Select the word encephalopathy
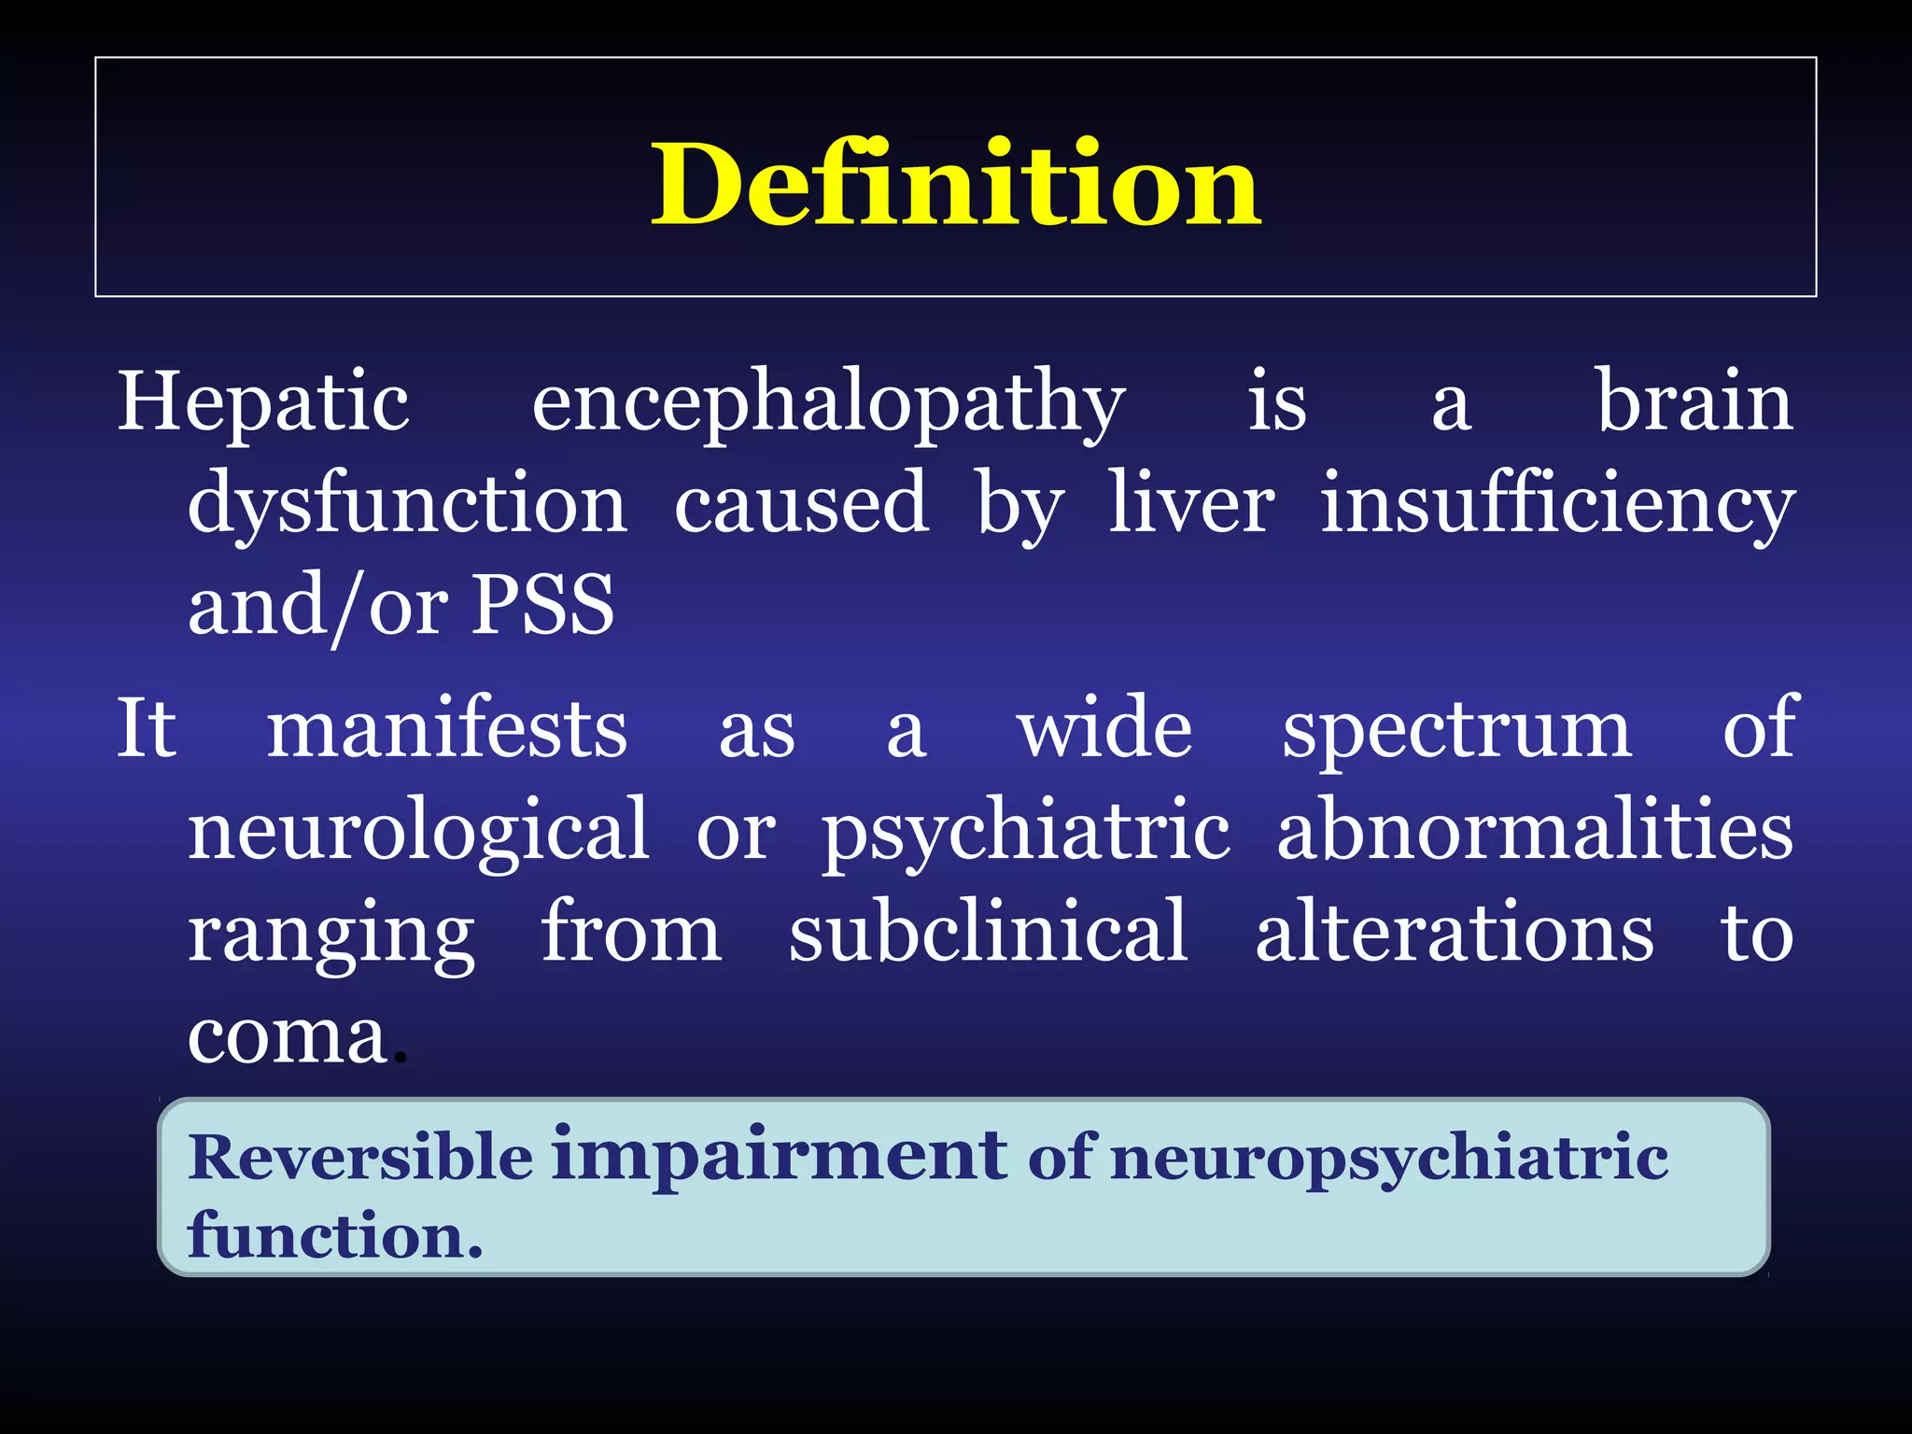(828, 403)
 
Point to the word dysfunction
(407, 504)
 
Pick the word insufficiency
(1556, 504)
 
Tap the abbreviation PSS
(542, 604)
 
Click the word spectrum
(1456, 731)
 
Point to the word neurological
(419, 831)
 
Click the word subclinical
(988, 931)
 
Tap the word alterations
(1454, 931)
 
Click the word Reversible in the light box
(360, 1158)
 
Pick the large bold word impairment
(780, 1154)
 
